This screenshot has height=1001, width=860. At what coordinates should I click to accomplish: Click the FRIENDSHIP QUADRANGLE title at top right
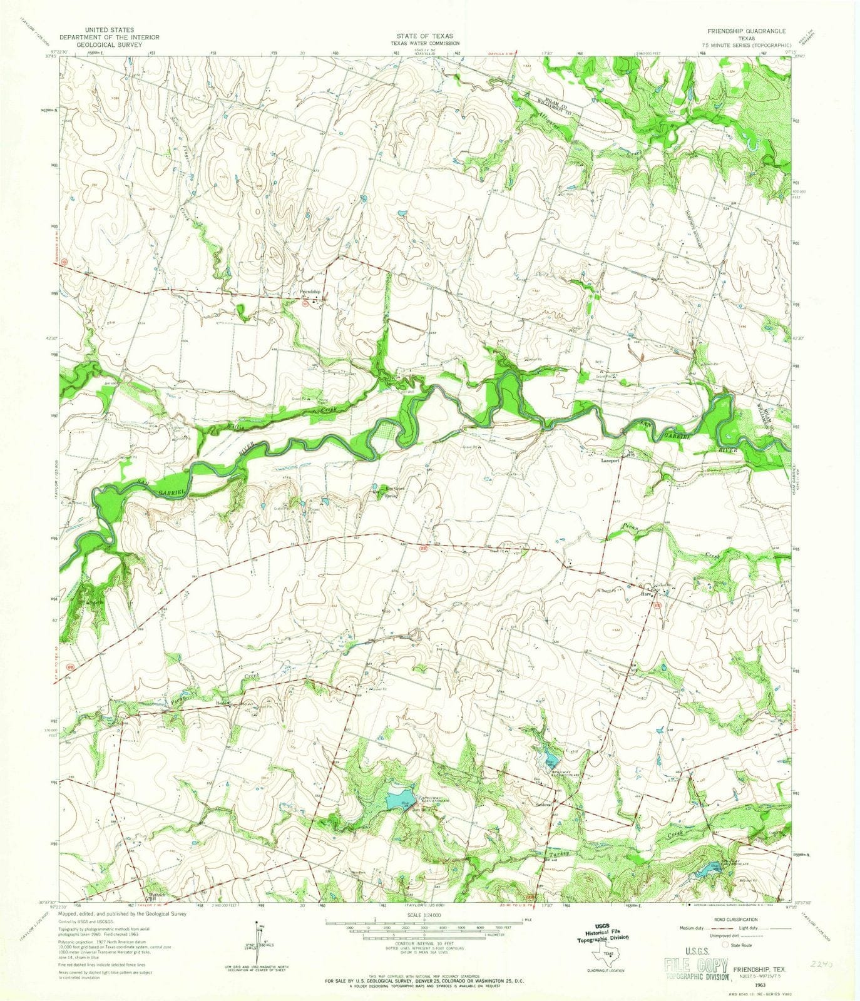pyautogui.click(x=739, y=30)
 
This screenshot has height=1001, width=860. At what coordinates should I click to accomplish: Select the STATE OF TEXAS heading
pyautogui.click(x=429, y=36)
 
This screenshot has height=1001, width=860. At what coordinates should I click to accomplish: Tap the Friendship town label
pyautogui.click(x=310, y=292)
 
